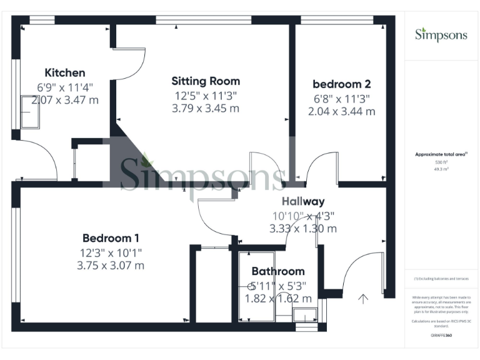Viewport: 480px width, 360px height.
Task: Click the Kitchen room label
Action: pyautogui.click(x=65, y=72)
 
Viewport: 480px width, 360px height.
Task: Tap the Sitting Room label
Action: pyautogui.click(x=206, y=81)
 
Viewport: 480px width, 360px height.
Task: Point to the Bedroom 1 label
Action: pyautogui.click(x=111, y=238)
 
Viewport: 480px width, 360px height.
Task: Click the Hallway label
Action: pyautogui.click(x=303, y=201)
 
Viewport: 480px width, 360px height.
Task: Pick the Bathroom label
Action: pyautogui.click(x=278, y=271)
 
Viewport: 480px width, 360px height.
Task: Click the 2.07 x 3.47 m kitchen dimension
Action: pyautogui.click(x=67, y=100)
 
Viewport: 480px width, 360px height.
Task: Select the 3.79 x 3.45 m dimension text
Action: pyautogui.click(x=206, y=108)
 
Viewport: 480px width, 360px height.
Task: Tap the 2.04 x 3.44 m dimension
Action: pyautogui.click(x=341, y=111)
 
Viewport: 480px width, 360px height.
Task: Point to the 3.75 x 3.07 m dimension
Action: pyautogui.click(x=111, y=265)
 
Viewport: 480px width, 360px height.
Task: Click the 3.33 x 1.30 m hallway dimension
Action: pyautogui.click(x=303, y=229)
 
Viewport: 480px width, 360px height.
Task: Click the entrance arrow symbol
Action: pyautogui.click(x=363, y=298)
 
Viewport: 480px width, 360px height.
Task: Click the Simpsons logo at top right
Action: pyautogui.click(x=441, y=34)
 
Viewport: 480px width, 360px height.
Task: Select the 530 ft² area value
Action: pyautogui.click(x=441, y=162)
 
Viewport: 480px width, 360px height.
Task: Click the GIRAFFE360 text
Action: pyautogui.click(x=441, y=336)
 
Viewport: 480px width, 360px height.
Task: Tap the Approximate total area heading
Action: pyautogui.click(x=441, y=154)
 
